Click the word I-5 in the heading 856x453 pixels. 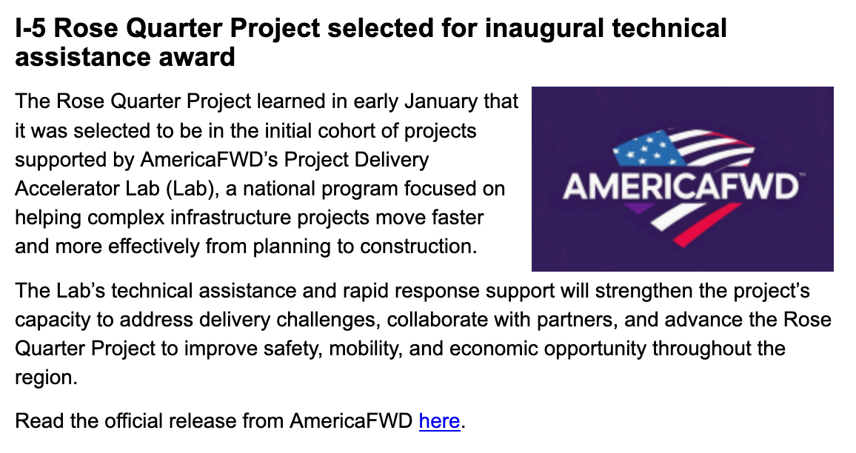click(30, 28)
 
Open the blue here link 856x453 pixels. click(439, 421)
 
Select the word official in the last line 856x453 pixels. click(133, 421)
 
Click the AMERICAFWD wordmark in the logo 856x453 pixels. click(681, 187)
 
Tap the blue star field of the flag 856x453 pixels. click(648, 149)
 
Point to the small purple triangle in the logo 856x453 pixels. click(638, 207)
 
